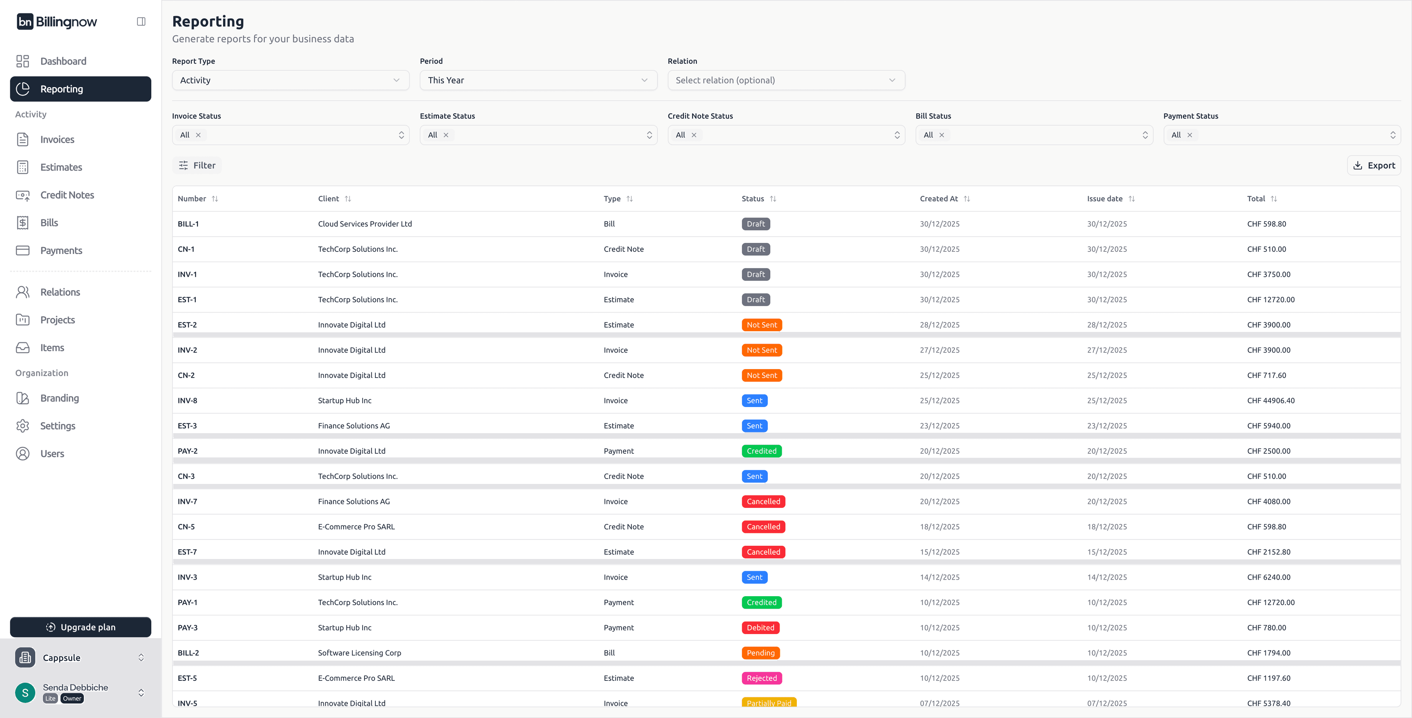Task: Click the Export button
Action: coord(1374,166)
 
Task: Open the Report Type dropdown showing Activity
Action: coord(290,80)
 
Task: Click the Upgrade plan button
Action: coord(81,627)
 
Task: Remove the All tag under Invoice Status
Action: coord(199,135)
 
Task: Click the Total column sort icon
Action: coord(1274,199)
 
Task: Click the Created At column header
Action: coord(938,199)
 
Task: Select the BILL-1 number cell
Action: coord(188,224)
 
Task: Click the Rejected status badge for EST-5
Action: coord(762,678)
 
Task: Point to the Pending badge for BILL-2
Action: coord(760,653)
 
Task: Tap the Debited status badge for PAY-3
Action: coord(760,627)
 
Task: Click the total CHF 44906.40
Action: coord(1270,400)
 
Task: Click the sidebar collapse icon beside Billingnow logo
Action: coord(141,21)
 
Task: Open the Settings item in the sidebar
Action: coord(58,426)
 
